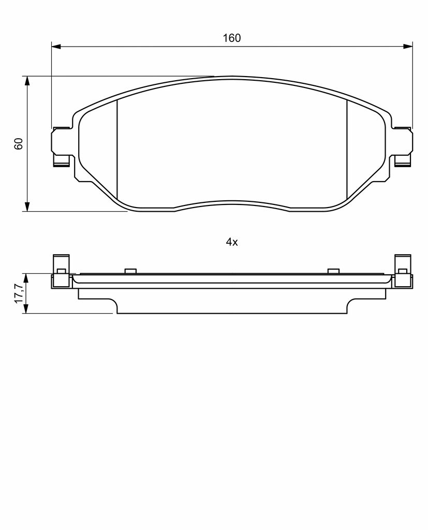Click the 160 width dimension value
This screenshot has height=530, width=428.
(x=231, y=38)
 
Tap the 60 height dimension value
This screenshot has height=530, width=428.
(x=19, y=144)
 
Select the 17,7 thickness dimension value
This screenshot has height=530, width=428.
(x=19, y=293)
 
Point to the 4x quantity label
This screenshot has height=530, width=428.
(x=232, y=242)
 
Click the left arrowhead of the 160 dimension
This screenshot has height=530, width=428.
(x=56, y=46)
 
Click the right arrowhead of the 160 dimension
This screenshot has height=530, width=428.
(x=408, y=46)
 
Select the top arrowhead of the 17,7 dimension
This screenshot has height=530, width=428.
(x=26, y=278)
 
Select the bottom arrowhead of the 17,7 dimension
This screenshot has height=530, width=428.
(x=26, y=309)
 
